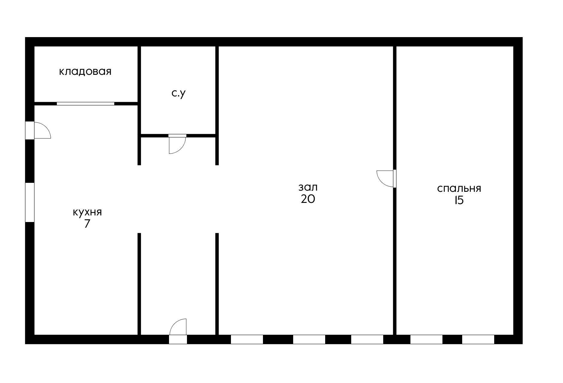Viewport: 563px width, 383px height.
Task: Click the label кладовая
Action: [85, 72]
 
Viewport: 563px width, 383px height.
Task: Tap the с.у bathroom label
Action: [179, 93]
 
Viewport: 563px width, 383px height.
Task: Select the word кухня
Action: [87, 212]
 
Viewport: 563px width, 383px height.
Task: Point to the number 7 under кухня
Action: [87, 224]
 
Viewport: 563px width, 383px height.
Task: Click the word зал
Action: [308, 187]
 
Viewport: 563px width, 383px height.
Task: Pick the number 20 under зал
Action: [308, 199]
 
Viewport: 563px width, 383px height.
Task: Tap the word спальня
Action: [459, 189]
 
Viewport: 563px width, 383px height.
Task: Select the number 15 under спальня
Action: [459, 200]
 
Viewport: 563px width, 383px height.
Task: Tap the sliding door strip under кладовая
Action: [86, 104]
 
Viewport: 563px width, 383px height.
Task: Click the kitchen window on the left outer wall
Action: [30, 202]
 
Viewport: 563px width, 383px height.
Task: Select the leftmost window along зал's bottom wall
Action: [247, 339]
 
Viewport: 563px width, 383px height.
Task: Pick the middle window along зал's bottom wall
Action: [309, 339]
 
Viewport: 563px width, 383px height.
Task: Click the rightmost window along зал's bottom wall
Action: [367, 339]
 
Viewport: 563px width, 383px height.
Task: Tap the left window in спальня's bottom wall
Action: [426, 339]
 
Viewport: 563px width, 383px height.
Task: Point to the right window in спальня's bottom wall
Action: [478, 339]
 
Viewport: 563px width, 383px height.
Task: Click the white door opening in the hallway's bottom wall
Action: [178, 339]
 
